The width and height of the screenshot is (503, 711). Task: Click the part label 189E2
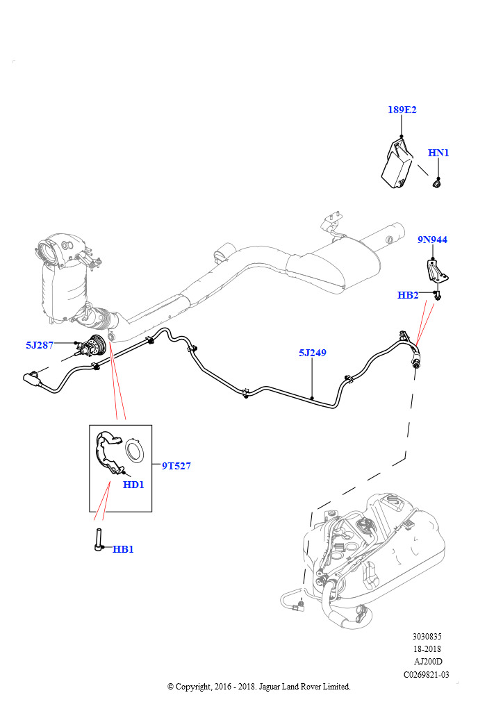(402, 110)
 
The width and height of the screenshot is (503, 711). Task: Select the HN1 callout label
(438, 153)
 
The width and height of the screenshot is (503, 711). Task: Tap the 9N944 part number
(432, 240)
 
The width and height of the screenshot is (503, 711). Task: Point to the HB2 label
(408, 295)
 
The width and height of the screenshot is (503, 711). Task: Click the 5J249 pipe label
(313, 352)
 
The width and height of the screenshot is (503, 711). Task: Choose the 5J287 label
(40, 345)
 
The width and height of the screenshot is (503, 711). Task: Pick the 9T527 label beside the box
(176, 466)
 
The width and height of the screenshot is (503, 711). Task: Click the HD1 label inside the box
(133, 485)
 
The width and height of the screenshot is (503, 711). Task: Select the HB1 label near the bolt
(123, 549)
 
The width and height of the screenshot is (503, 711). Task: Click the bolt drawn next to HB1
(99, 539)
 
